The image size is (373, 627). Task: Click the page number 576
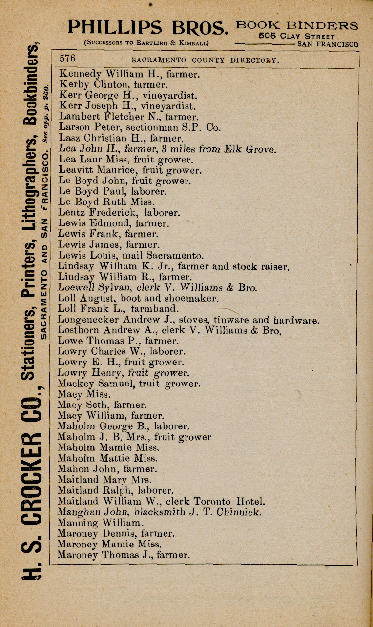68,59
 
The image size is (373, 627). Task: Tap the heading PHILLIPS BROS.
148,27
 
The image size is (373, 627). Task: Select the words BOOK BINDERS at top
297,25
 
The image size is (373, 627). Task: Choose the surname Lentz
71,213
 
